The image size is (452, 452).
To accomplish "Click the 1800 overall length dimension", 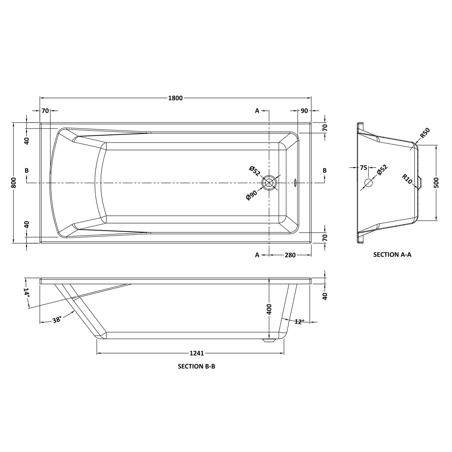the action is tap(175, 98).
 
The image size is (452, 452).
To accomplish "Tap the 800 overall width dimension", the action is tap(14, 183).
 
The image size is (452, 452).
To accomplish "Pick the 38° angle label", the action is tap(57, 319).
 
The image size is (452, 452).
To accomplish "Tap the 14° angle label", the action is tap(26, 293).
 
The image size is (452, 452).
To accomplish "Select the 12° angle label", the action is tap(299, 322).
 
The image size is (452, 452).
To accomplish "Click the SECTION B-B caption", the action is tap(196, 366).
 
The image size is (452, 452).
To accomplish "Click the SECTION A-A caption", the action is tap(392, 255).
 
